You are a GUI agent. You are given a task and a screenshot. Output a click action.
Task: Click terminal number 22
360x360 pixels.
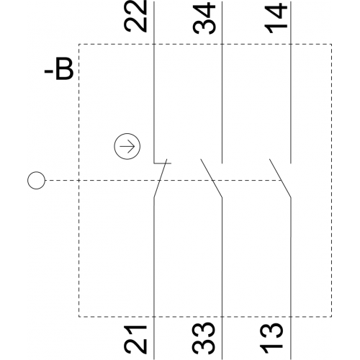[135, 16]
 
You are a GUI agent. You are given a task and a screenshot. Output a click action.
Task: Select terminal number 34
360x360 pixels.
[204, 18]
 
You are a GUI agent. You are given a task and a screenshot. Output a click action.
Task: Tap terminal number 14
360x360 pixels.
[276, 18]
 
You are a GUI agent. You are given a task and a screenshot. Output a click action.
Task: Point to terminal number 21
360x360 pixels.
[135, 339]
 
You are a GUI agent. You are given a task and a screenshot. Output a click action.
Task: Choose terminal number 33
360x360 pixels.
[203, 338]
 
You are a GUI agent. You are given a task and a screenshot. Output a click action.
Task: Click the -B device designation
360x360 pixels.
[59, 68]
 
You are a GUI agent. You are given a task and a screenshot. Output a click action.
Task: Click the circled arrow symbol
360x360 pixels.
[127, 146]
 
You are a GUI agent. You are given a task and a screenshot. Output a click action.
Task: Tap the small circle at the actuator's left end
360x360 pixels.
[36, 180]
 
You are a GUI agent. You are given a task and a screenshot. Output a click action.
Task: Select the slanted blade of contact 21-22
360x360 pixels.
[161, 179]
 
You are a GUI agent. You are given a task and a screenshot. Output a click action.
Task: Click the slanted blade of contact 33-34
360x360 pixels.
[212, 179]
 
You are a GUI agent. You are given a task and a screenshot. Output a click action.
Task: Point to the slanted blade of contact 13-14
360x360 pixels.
[280, 179]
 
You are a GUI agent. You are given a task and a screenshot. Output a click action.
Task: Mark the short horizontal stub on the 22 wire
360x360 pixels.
[163, 163]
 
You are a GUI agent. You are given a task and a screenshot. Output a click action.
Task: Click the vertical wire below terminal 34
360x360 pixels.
[222, 82]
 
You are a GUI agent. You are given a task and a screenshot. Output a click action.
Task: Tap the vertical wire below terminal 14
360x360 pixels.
[291, 82]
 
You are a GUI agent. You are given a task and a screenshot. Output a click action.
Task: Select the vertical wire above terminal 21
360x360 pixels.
[154, 279]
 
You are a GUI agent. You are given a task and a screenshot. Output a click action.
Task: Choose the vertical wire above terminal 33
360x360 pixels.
[222, 279]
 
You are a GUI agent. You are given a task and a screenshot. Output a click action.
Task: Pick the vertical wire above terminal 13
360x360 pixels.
[291, 279]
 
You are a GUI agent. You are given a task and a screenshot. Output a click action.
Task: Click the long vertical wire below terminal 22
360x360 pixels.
[154, 82]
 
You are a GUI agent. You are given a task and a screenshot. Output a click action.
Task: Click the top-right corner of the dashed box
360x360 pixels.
[332, 44]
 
